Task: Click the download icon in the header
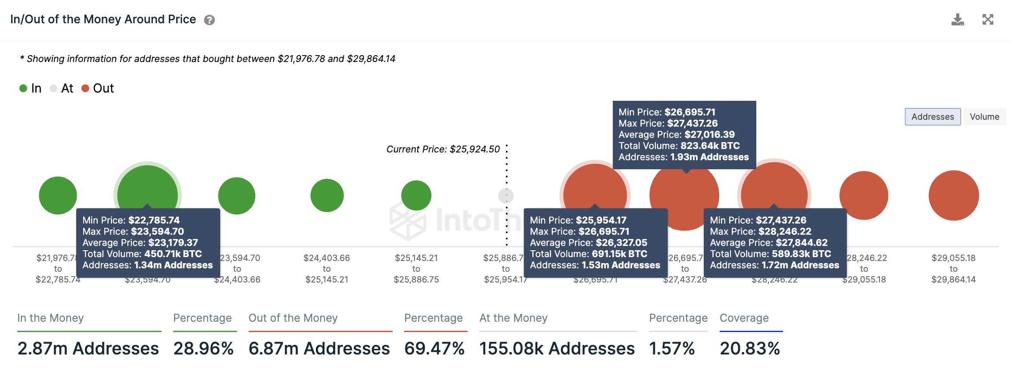(958, 20)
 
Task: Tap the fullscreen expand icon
(988, 19)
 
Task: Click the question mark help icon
(209, 20)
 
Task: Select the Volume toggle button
(984, 117)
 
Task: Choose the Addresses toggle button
(933, 117)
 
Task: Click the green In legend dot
(23, 88)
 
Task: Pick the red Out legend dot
(85, 88)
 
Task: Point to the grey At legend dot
(53, 88)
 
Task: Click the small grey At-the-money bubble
(506, 196)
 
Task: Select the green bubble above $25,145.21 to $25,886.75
(416, 196)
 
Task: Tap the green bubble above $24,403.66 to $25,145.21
(327, 196)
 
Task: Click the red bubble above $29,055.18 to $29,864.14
(953, 196)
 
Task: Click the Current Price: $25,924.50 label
(443, 149)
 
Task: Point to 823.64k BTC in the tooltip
(710, 146)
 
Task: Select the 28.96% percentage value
(203, 348)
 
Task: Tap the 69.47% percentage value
(434, 348)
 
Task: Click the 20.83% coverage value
(750, 348)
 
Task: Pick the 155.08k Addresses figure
(557, 348)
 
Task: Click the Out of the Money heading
(293, 318)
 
